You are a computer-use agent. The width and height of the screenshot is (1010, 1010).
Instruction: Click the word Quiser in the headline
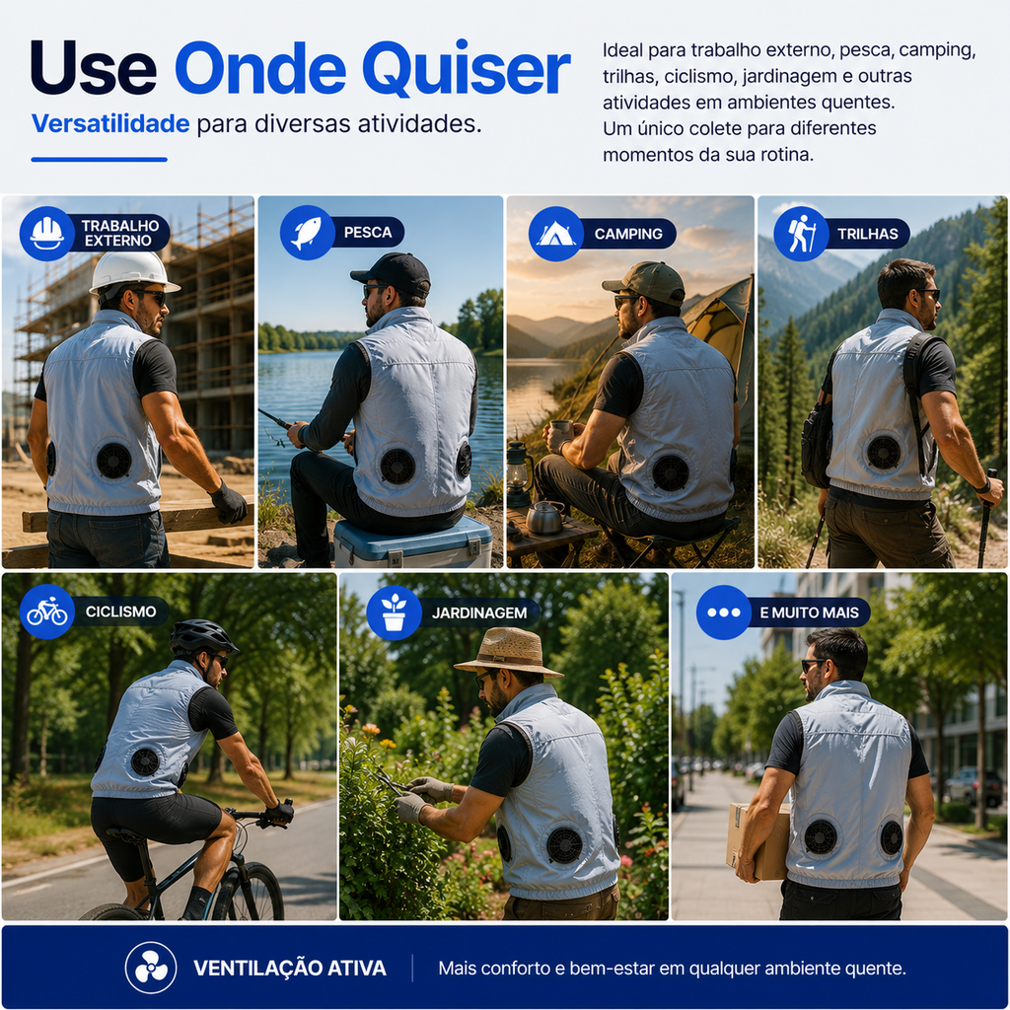pos(467,69)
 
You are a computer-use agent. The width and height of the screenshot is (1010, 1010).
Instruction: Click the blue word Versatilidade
pos(110,123)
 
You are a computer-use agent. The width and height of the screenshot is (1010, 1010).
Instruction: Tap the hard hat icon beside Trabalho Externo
pos(47,233)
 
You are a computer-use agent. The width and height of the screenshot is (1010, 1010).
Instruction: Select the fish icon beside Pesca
pos(308,233)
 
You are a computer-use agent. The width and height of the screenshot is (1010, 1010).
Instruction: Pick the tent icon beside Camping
pos(556,234)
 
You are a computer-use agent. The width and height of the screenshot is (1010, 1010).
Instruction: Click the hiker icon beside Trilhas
pos(801,233)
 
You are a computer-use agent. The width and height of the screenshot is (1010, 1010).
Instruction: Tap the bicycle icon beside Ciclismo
pos(47,612)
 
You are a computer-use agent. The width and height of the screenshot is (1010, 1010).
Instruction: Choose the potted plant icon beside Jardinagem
pos(394,613)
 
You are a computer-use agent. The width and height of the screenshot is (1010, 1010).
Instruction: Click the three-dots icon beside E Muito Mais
pos(723,612)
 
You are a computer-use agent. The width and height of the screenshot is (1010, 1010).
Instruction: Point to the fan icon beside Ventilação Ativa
pos(151,968)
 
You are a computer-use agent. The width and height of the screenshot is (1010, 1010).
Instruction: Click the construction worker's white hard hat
pos(134,272)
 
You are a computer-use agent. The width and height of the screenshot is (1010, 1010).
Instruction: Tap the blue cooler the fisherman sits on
pos(413,541)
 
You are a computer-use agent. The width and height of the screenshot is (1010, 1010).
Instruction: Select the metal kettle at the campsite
pos(544,517)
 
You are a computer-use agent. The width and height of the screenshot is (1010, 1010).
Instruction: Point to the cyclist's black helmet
pos(203,636)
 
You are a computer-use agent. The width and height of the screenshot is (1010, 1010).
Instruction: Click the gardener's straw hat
pos(509,652)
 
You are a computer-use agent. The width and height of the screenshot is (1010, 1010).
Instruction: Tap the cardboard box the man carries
pos(758,840)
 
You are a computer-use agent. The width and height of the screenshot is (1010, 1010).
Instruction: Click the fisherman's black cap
pos(393,273)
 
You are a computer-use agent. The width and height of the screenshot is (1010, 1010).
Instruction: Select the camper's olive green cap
pos(644,283)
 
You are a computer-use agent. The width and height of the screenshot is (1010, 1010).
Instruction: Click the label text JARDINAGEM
pos(479,613)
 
